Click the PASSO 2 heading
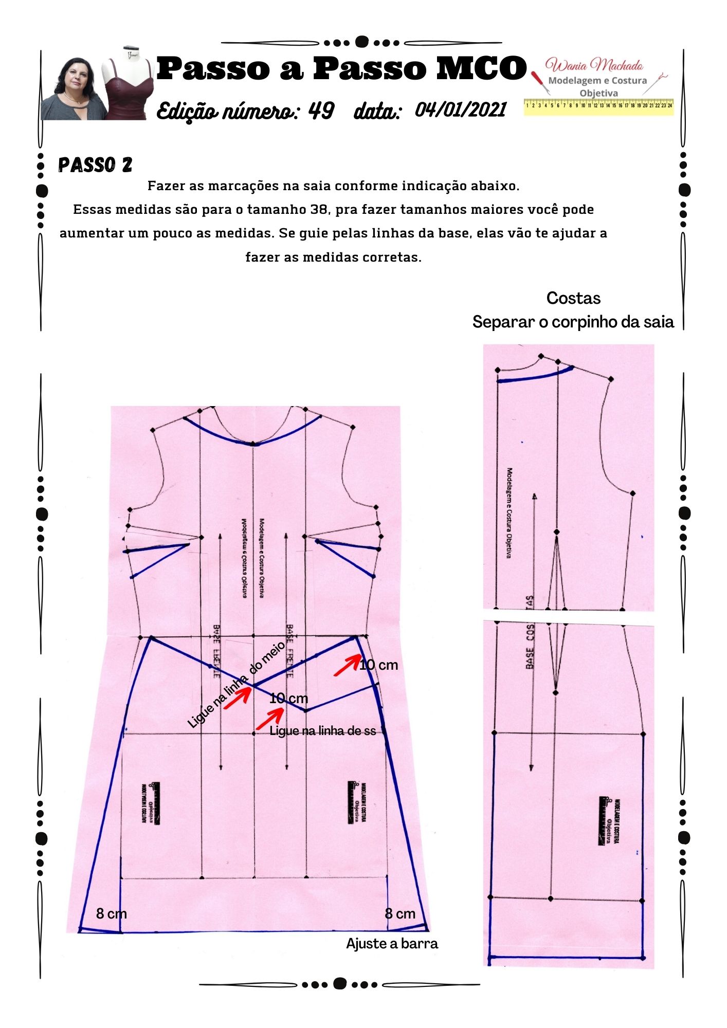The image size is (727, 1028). (x=95, y=165)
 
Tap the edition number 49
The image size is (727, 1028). (x=321, y=111)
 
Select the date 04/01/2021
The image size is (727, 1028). (x=460, y=109)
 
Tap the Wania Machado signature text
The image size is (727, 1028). (x=594, y=65)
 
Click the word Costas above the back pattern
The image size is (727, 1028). (x=573, y=298)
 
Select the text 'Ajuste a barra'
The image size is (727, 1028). (x=392, y=944)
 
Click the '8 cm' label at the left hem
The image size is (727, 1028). (x=111, y=913)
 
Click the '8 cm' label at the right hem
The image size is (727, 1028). (x=400, y=913)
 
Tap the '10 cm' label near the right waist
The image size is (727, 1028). (x=379, y=665)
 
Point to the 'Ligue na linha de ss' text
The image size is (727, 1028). (x=322, y=731)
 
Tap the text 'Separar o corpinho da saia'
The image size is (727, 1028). (x=573, y=322)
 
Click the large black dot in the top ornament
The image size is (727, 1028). (x=362, y=42)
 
